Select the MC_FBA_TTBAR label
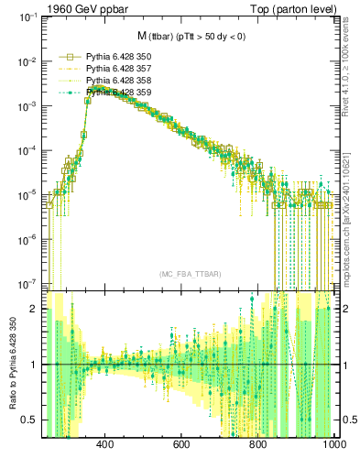pyautogui.click(x=191, y=274)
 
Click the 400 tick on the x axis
pyautogui.click(x=104, y=445)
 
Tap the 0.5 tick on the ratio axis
pyautogui.click(x=31, y=420)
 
